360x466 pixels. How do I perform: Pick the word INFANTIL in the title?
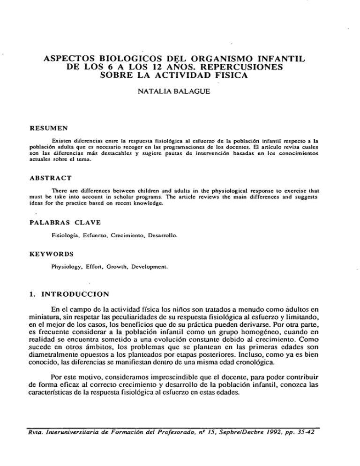coord(277,60)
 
